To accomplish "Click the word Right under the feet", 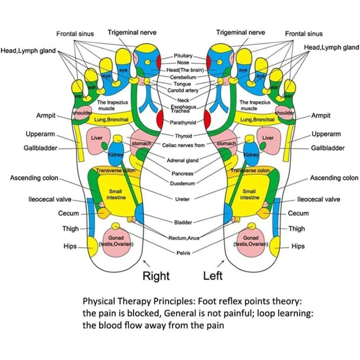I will (156, 276).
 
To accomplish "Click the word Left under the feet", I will (213, 276).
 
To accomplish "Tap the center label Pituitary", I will (184, 56).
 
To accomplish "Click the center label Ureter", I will (182, 199).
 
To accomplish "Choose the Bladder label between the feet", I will (183, 222).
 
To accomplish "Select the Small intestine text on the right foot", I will (116, 195).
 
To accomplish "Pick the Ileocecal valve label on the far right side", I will (318, 199).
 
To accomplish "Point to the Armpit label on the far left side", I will (46, 116).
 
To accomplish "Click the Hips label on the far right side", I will (298, 247).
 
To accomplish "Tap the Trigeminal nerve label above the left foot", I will (240, 32).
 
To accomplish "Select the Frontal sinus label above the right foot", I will (75, 34).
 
